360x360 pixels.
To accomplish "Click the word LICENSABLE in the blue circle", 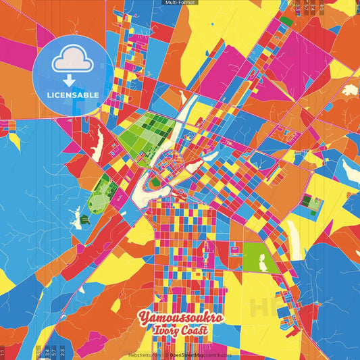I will pos(73,95).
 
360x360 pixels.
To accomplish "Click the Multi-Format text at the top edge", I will pos(180,3).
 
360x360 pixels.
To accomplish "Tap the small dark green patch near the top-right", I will pos(286,22).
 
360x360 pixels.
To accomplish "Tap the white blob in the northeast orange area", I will pos(349,90).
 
